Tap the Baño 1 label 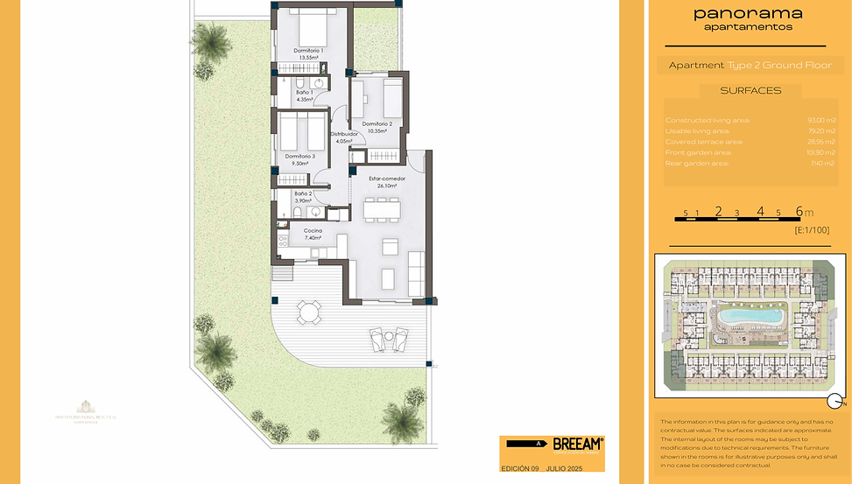point(305,92)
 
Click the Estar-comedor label point(386,179)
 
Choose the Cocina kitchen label point(313,230)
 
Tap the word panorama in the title point(748,13)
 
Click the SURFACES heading point(750,90)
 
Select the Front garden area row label point(698,152)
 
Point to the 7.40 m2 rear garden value point(823,163)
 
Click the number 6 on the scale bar point(799,211)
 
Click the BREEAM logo point(577,444)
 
